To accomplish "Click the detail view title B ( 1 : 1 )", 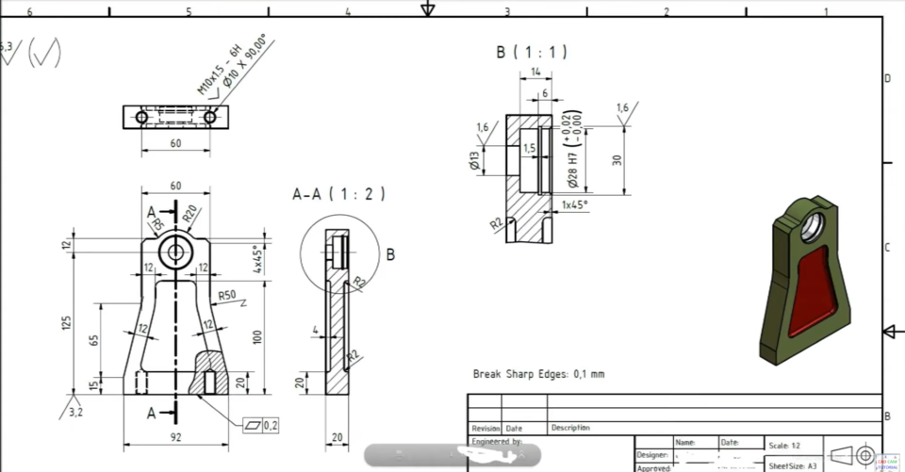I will point(532,53).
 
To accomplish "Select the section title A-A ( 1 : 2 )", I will point(339,194).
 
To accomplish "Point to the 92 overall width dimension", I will point(175,435).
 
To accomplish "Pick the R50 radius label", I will point(227,296).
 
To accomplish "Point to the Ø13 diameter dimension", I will point(475,161).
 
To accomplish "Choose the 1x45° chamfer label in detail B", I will point(574,204).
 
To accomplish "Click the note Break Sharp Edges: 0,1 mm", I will point(538,374).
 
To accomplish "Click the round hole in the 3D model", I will point(812,225).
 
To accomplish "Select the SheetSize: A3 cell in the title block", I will point(793,465).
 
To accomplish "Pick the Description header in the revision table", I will point(570,428).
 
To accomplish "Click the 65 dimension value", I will point(94,339).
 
